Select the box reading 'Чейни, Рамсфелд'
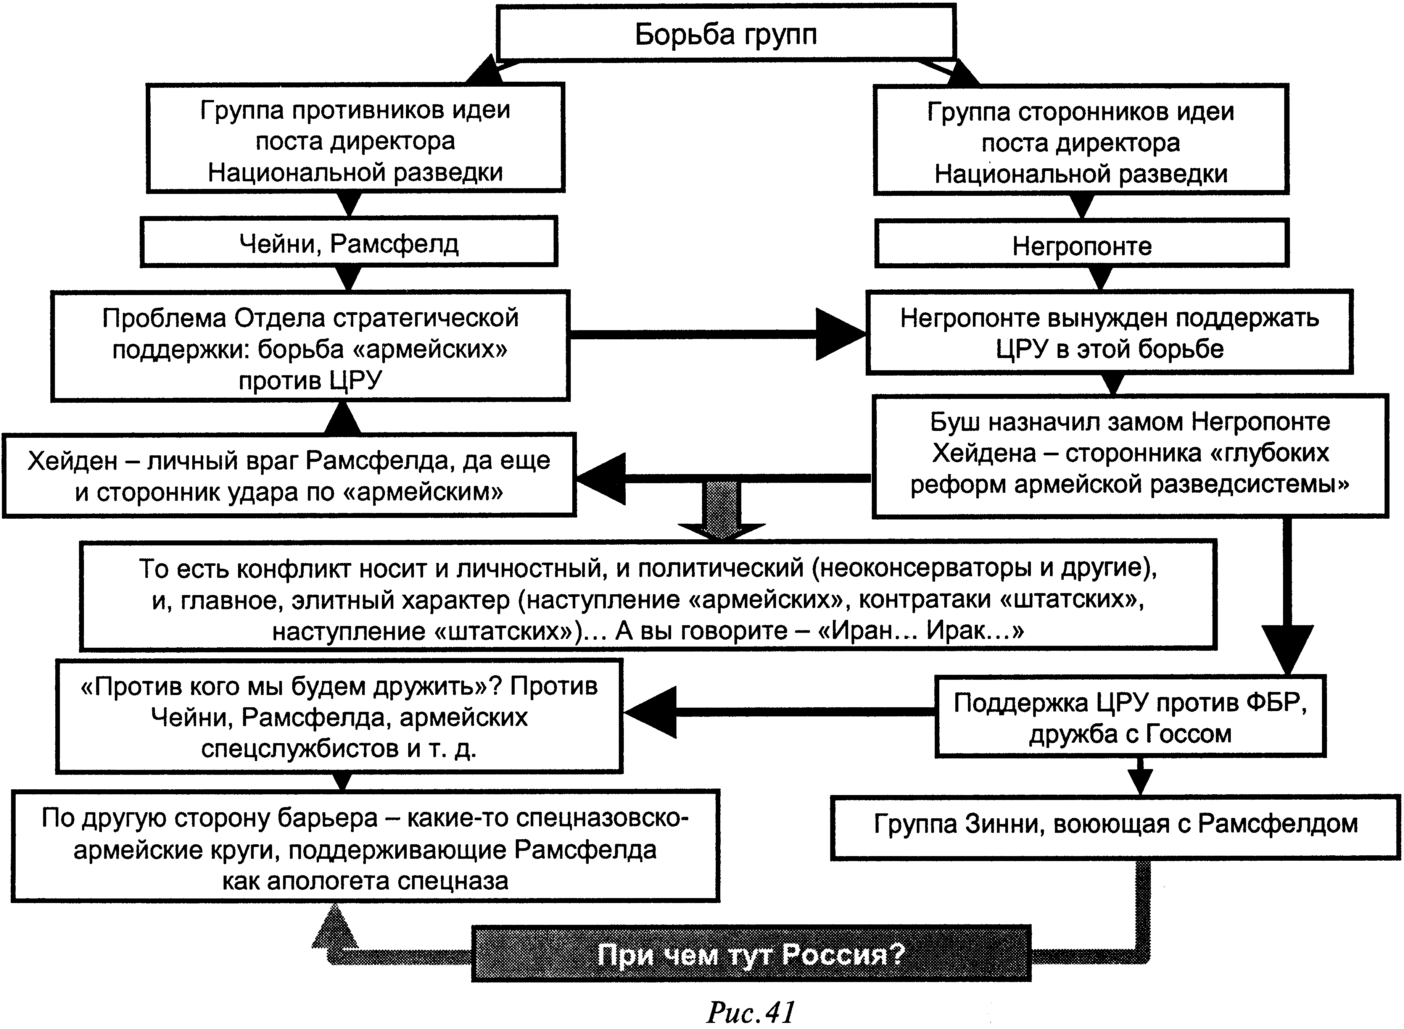(349, 243)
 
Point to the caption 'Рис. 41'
(750, 1012)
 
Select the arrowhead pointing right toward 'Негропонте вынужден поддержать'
(840, 334)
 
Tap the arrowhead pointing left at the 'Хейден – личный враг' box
(601, 478)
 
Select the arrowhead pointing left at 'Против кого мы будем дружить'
(650, 712)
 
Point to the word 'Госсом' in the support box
(1190, 734)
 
